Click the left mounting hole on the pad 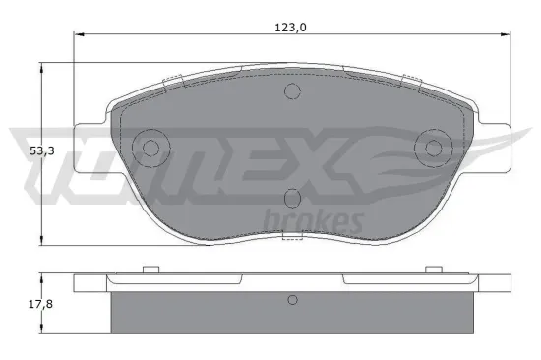[x=150, y=149]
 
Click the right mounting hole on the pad [x=433, y=149]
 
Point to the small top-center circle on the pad [x=291, y=91]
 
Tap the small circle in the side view [x=291, y=300]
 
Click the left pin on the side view [x=150, y=270]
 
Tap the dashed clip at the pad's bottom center [x=291, y=237]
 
